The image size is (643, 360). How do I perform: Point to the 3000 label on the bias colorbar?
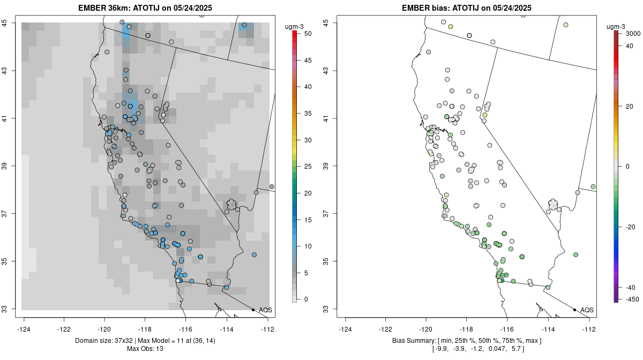(x=633, y=34)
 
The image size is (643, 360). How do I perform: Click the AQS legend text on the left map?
(x=266, y=310)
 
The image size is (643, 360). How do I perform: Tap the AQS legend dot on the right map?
(x=574, y=310)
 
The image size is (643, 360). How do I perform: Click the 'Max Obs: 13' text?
(x=145, y=349)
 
